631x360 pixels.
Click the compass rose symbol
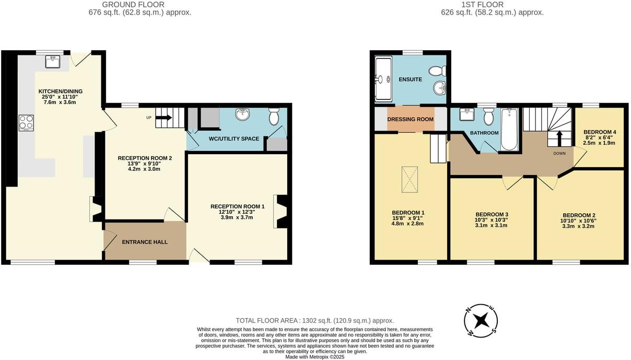(481, 320)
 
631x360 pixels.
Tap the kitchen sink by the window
(53, 63)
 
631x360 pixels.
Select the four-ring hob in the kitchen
(27, 122)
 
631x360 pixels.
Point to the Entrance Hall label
(145, 242)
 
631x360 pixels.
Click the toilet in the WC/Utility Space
(274, 117)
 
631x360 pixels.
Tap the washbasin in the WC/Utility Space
(243, 114)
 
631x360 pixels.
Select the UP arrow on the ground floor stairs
(163, 118)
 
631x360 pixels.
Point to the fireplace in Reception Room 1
(281, 212)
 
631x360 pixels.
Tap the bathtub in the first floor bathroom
(509, 129)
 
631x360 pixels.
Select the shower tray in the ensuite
(383, 79)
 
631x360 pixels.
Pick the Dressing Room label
(411, 119)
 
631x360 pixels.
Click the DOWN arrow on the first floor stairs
(559, 139)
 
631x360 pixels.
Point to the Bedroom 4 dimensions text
(599, 140)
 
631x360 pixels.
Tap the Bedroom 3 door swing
(512, 182)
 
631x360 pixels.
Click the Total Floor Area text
(315, 320)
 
